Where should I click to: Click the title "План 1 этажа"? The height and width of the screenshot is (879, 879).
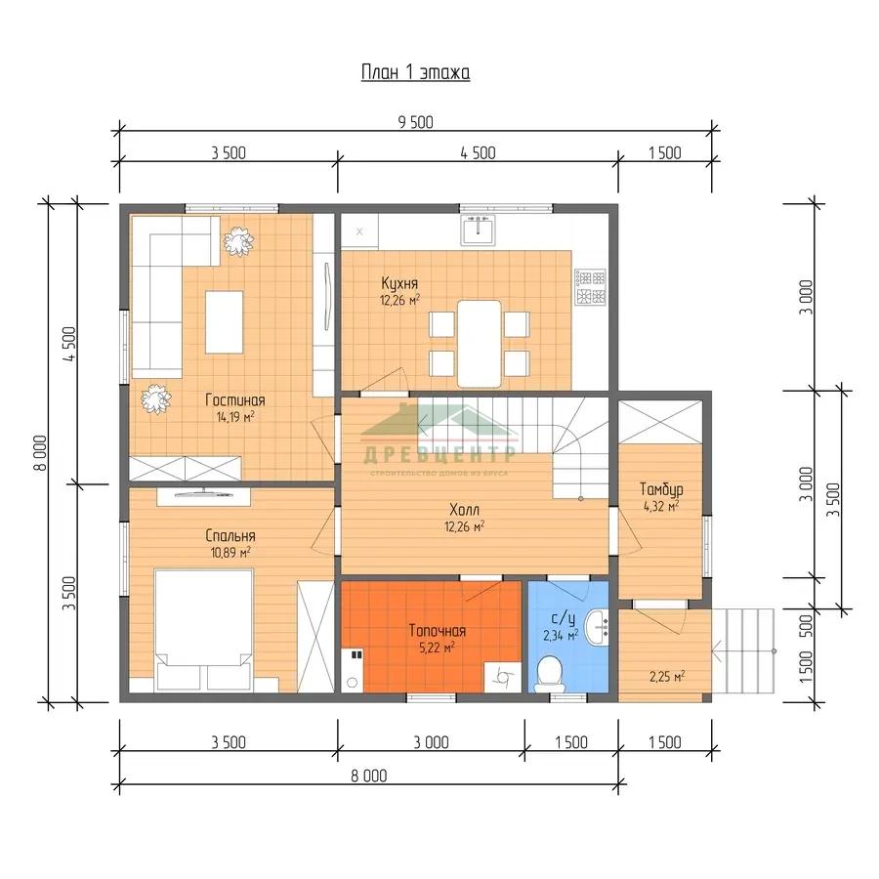pos(415,72)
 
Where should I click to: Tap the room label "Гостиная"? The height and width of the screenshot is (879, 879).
pos(234,400)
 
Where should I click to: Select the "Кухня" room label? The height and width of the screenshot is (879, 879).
pos(399,283)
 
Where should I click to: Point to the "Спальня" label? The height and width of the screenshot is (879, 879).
pos(230,535)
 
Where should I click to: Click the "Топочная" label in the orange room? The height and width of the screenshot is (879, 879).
pos(438,631)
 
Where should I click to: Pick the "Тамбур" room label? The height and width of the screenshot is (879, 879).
pos(661,489)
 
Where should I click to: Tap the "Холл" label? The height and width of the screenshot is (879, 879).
pos(465,510)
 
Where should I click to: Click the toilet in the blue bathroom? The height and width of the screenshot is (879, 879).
pos(549,673)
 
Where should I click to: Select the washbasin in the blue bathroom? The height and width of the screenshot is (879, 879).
pos(597,627)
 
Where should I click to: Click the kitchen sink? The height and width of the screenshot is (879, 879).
pos(479,230)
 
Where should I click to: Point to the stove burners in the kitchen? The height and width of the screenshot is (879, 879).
pos(590,286)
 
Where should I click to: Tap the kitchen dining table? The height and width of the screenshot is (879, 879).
pos(480,344)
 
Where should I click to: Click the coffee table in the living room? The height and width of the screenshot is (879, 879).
pos(225,321)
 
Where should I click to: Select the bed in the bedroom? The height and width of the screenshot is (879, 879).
pos(203,630)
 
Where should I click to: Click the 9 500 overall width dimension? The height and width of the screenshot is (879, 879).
pos(415,122)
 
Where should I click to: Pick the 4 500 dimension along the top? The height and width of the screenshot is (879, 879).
pos(479,153)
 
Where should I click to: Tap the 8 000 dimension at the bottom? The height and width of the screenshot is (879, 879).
pos(369,775)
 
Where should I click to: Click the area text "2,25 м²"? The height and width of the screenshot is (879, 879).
pos(667,677)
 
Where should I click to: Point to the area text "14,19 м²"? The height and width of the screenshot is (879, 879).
pos(235,416)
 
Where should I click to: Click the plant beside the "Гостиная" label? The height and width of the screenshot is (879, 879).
pos(156,399)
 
